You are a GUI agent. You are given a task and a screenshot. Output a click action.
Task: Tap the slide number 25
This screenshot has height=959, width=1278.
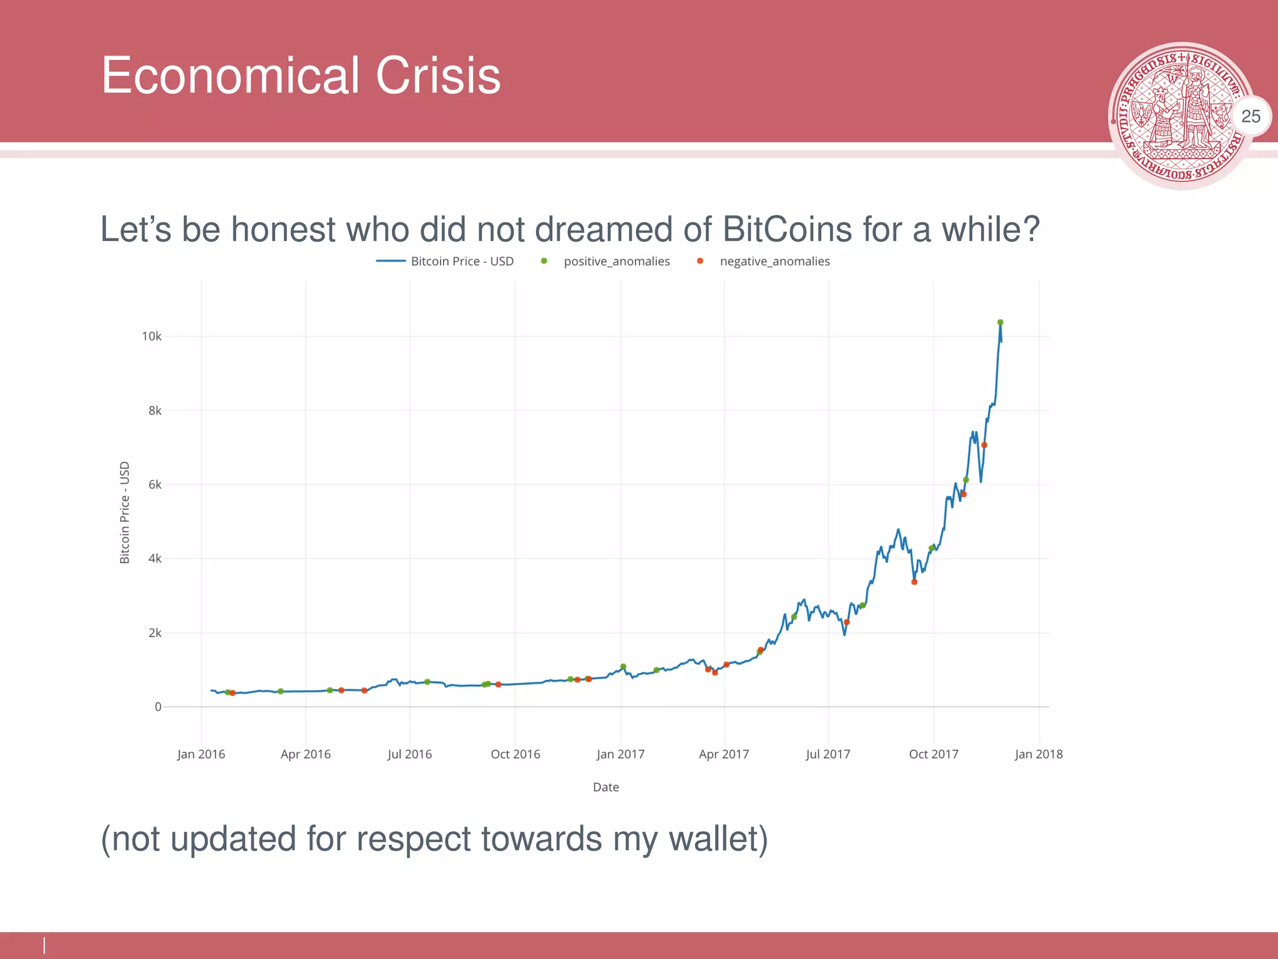pos(1250,116)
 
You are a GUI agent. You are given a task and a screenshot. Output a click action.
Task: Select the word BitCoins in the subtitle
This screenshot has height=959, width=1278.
pos(787,229)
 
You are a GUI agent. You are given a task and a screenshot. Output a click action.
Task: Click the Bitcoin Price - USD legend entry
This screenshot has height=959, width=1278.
pos(462,261)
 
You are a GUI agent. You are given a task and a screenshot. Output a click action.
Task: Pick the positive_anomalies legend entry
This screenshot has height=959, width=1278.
pos(616,261)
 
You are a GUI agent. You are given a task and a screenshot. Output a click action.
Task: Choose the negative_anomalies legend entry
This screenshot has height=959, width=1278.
pos(774,261)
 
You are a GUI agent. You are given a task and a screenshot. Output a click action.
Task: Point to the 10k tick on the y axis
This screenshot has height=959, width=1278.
pos(152,337)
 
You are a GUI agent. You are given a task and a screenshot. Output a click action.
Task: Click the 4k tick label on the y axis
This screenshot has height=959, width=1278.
pos(155,559)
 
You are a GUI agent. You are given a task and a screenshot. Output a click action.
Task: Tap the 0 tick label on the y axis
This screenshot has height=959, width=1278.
pos(158,707)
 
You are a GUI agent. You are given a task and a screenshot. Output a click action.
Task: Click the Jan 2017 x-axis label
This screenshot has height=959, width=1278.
pos(620,754)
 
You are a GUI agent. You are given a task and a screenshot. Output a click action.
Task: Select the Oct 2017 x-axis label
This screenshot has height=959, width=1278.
pos(934,754)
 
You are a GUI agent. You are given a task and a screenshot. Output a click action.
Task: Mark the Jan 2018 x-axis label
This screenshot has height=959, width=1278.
pos(1038,754)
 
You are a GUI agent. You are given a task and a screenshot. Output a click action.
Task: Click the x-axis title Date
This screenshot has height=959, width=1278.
pos(606,787)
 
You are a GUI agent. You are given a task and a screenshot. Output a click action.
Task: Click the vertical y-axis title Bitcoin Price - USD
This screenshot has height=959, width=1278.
pos(125,513)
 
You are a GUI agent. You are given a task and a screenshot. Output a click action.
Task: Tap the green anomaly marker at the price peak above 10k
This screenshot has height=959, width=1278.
pos(1000,323)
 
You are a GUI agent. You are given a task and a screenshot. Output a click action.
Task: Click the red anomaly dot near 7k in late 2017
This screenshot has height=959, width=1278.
pos(984,445)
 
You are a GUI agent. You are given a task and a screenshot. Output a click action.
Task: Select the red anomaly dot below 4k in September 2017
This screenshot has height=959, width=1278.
pos(914,582)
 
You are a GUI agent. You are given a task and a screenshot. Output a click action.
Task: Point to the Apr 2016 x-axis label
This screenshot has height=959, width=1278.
pos(306,754)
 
